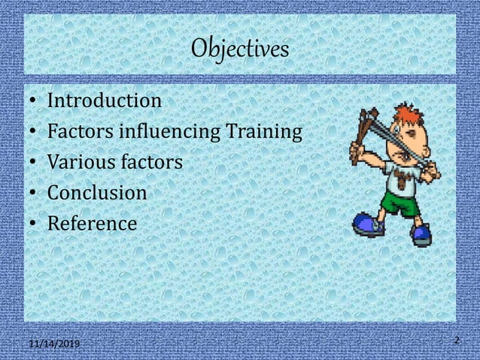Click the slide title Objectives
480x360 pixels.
[x=240, y=49]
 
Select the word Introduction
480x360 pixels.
[x=104, y=101]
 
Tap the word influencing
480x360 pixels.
[x=156, y=133]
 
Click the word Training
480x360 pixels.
[x=265, y=133]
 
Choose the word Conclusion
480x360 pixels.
[x=97, y=194]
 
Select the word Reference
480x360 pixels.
[x=92, y=224]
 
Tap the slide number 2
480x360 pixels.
[x=456, y=341]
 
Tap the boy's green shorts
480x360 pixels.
[x=400, y=202]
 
